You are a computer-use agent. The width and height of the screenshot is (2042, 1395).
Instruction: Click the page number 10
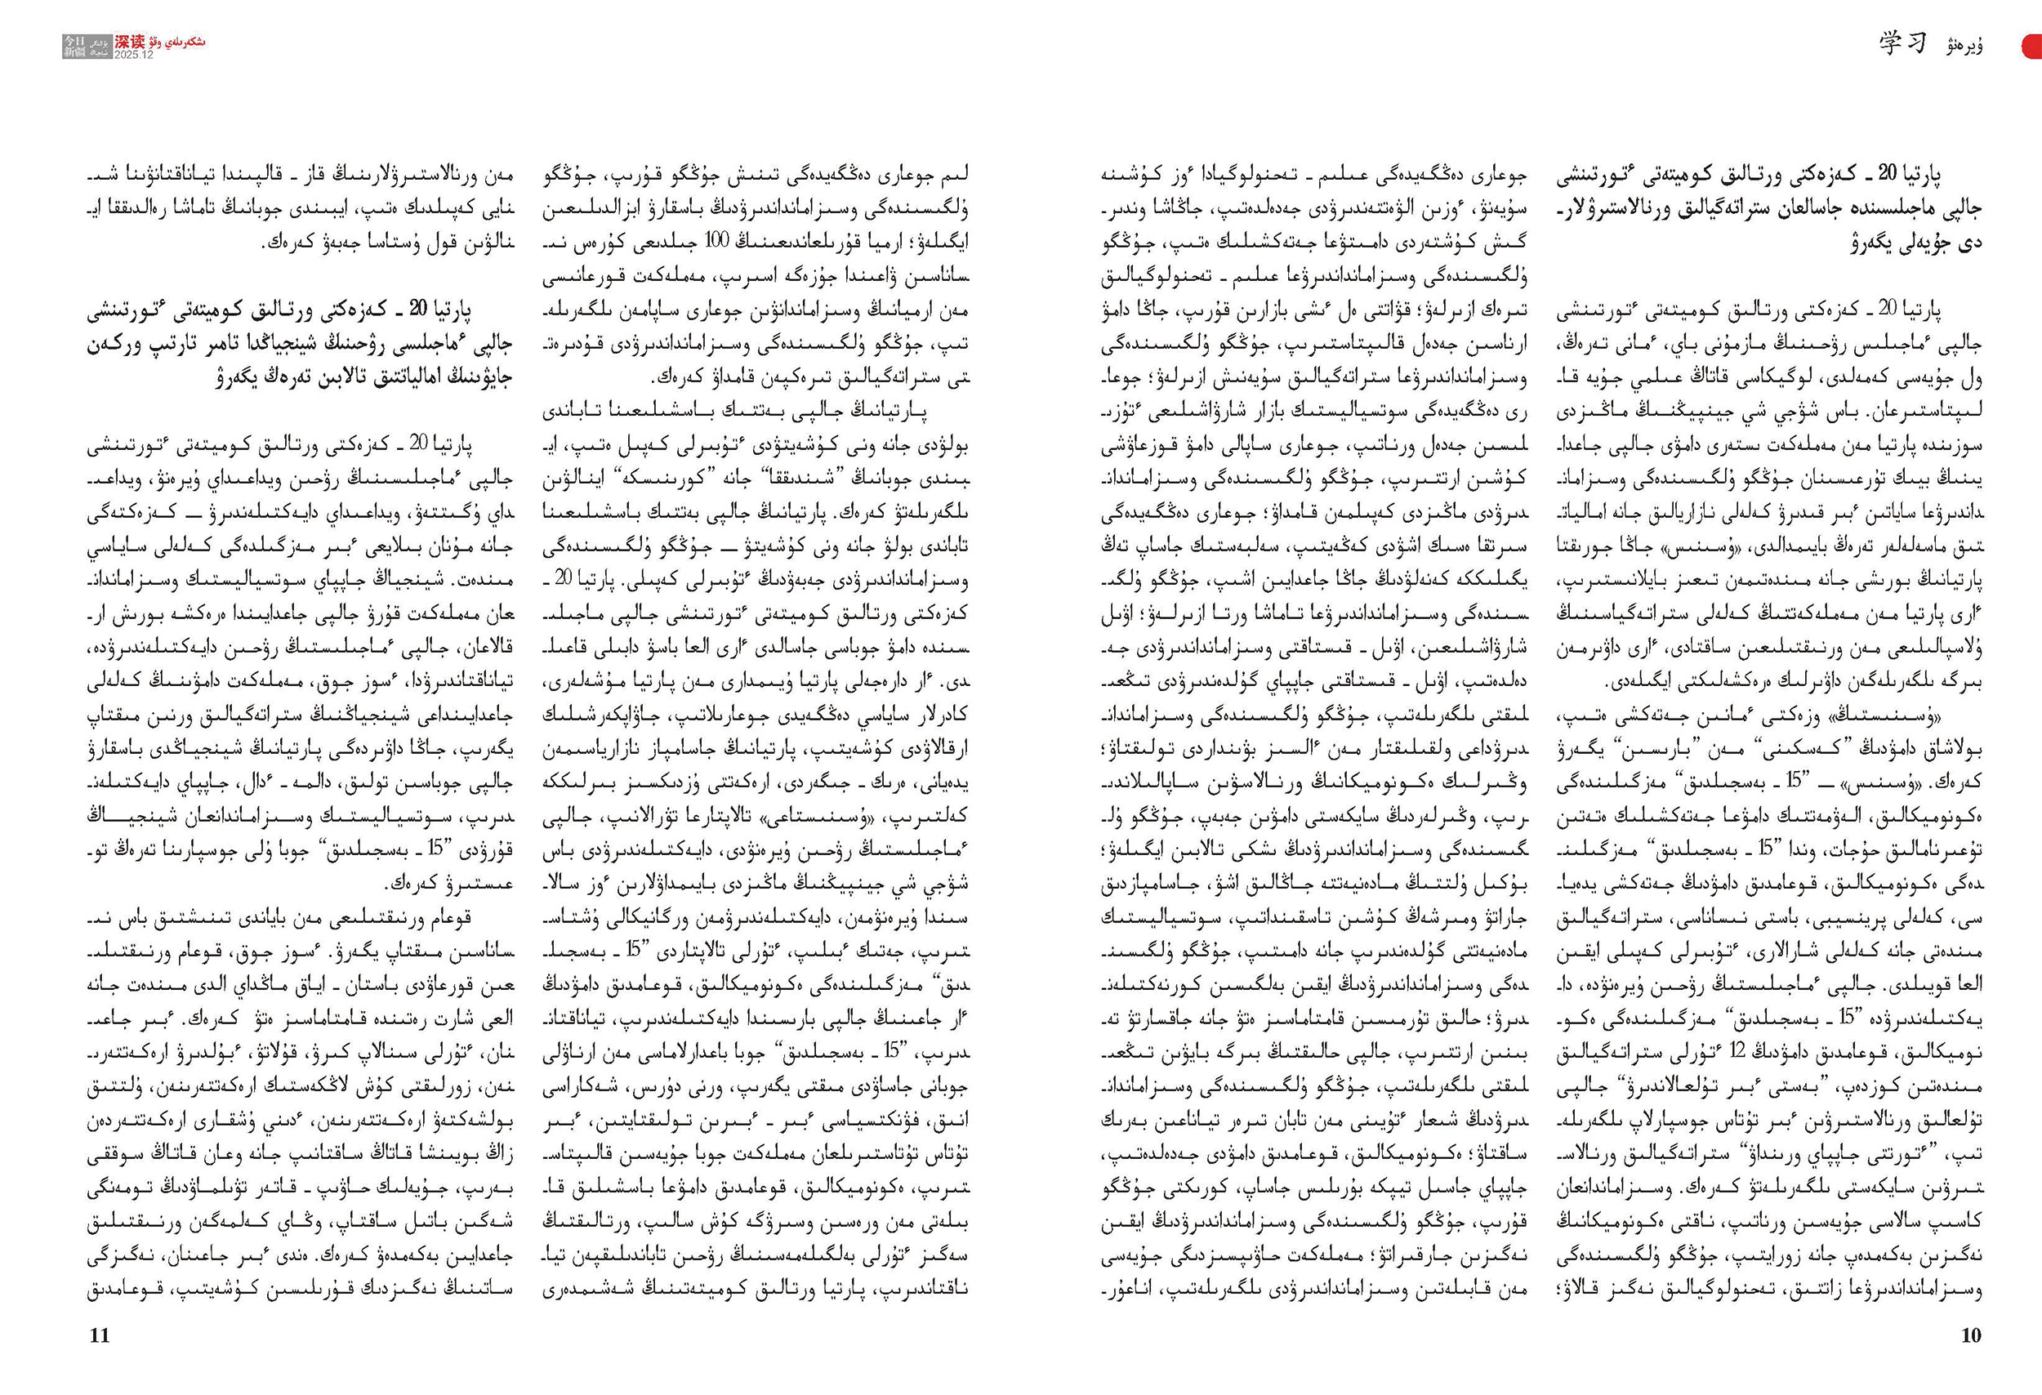[x=1971, y=1335]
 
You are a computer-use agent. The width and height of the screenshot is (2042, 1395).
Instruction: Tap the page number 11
[x=100, y=1335]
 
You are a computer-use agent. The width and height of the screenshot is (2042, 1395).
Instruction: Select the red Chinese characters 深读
[x=130, y=42]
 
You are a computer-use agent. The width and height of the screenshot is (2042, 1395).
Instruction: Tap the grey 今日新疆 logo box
[x=74, y=47]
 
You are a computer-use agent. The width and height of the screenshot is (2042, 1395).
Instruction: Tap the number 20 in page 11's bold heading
[x=418, y=310]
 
